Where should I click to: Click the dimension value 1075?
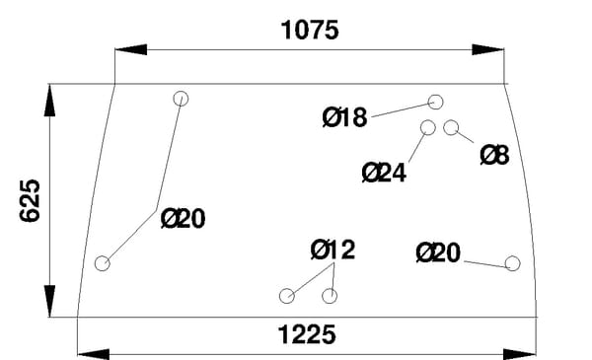(x=310, y=31)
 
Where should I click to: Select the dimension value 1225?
(x=307, y=334)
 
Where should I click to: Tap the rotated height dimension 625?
(x=30, y=201)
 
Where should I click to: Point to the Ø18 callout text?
(x=344, y=117)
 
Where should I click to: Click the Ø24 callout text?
(x=384, y=173)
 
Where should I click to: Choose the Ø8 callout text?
(x=494, y=155)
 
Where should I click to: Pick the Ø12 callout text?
(x=333, y=250)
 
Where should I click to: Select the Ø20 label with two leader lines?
(x=184, y=218)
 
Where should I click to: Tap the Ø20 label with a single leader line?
(x=438, y=252)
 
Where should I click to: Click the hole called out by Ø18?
(x=436, y=102)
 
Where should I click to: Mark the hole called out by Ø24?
(x=428, y=127)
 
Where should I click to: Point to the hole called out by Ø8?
(x=451, y=127)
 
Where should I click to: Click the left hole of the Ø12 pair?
(x=287, y=296)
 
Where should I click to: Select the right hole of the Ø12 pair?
(x=330, y=296)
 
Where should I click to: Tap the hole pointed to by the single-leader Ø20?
(x=512, y=263)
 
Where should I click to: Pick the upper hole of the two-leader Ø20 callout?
(x=181, y=99)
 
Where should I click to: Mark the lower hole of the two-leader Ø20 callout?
(x=103, y=263)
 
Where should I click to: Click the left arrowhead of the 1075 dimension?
(x=130, y=49)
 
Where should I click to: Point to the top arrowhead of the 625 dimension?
(x=49, y=100)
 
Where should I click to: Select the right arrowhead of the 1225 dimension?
(x=520, y=354)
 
